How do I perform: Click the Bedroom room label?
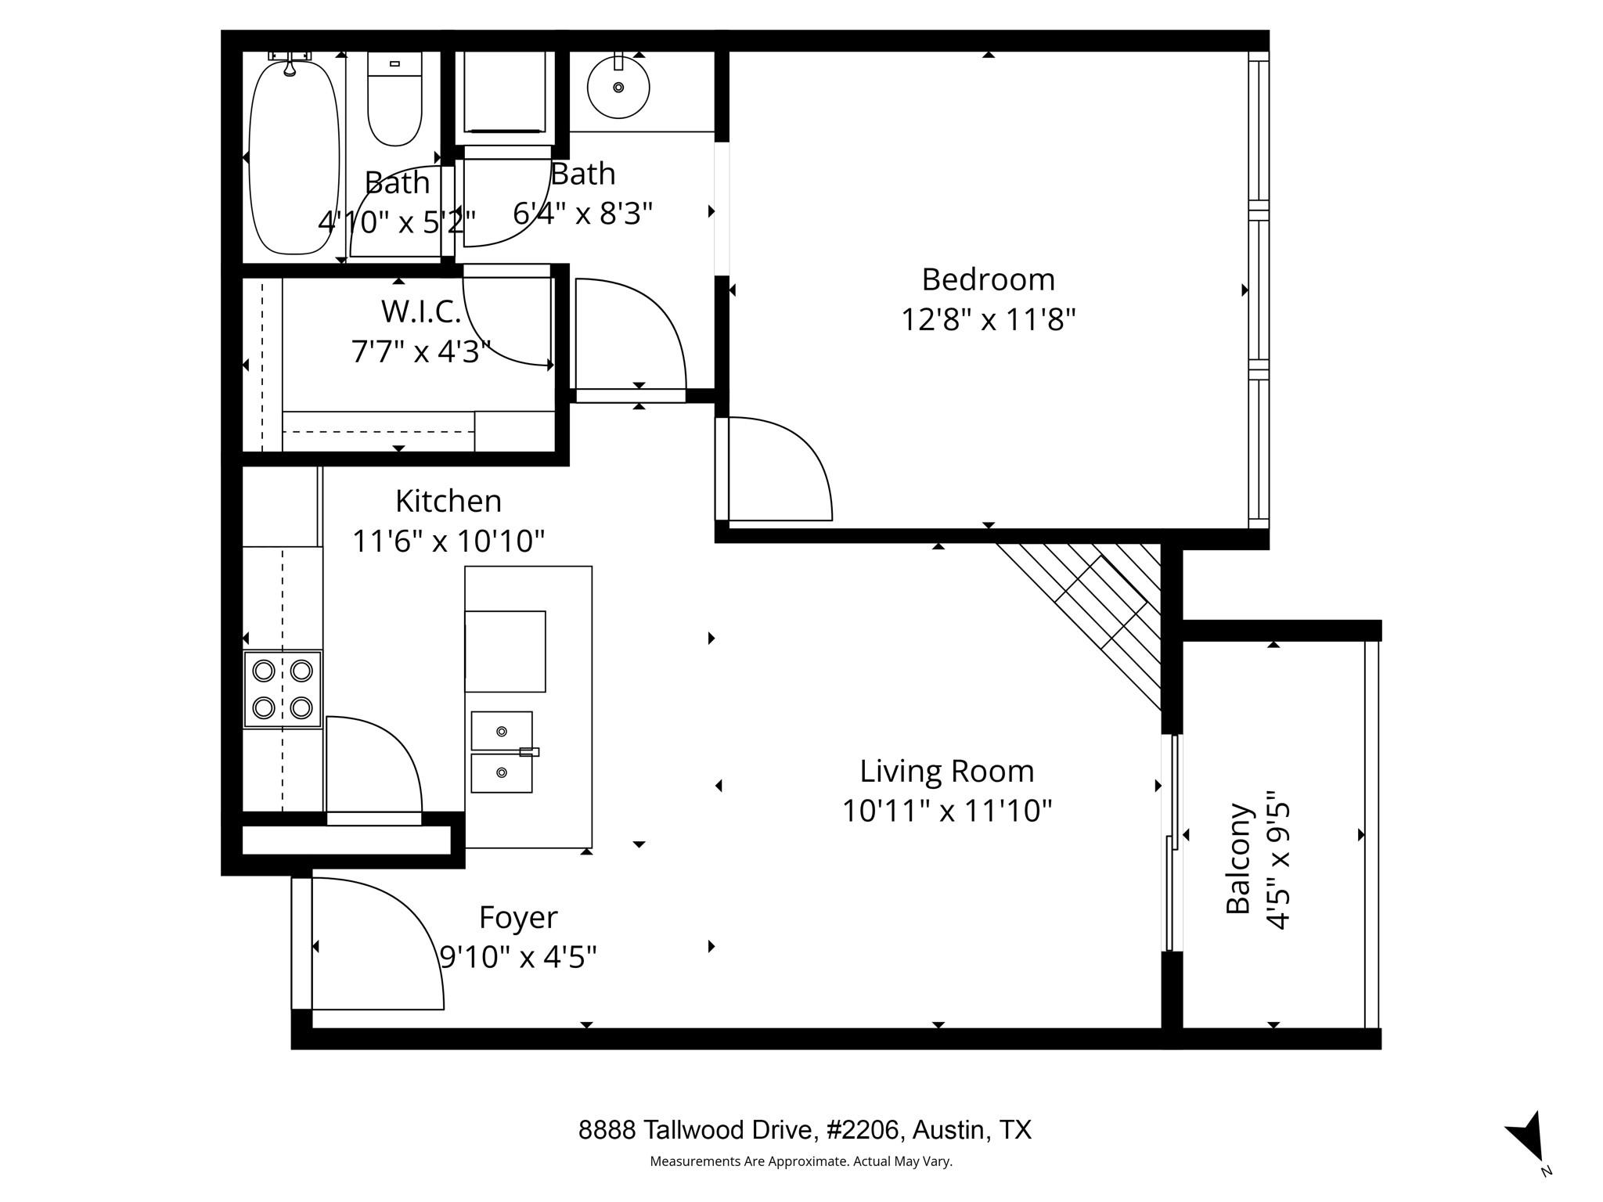point(988,279)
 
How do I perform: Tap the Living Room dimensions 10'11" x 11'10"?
point(946,812)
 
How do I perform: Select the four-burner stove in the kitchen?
point(283,689)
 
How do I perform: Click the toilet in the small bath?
point(394,99)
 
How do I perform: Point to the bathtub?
point(294,157)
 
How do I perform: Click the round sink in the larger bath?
point(618,87)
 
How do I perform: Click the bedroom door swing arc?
point(775,470)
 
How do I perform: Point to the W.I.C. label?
point(421,312)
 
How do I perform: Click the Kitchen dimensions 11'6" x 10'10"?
point(448,541)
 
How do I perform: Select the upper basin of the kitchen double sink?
point(502,731)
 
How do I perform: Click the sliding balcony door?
point(1173,841)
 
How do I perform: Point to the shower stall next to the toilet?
point(505,92)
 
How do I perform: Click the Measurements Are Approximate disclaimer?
point(801,1161)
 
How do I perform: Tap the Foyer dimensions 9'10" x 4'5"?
point(518,956)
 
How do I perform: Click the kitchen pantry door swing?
point(374,767)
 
